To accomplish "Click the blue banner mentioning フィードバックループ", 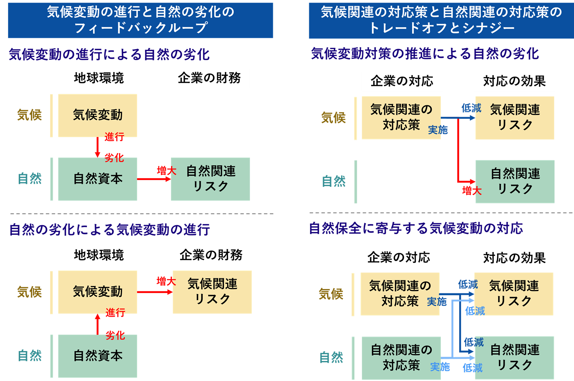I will [x=140, y=20].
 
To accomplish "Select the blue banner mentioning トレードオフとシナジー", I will [x=441, y=20].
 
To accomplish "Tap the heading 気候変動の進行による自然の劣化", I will [x=109, y=54].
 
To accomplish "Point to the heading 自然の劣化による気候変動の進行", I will [x=109, y=230].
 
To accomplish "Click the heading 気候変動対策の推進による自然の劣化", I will [x=425, y=54].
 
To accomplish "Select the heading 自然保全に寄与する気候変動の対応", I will [x=416, y=228].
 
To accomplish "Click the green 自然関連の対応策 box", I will [x=401, y=358].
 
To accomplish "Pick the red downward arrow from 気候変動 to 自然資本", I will [x=97, y=147].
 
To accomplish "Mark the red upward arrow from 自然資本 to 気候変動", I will [x=98, y=324].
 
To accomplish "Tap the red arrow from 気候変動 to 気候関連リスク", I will [x=155, y=292].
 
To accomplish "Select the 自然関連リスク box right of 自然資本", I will [x=210, y=179].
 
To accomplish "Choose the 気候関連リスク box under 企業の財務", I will [x=212, y=292].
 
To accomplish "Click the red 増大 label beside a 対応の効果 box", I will [x=471, y=190].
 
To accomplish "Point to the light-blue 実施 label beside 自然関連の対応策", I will [x=440, y=367].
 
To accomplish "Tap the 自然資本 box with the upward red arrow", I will [x=98, y=356].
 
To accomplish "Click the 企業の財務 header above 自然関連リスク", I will [x=209, y=78].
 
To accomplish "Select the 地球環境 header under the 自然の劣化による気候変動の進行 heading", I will [x=99, y=255].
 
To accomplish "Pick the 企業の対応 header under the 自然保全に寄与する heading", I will [x=399, y=258].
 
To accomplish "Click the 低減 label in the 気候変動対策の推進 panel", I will [x=471, y=108].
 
